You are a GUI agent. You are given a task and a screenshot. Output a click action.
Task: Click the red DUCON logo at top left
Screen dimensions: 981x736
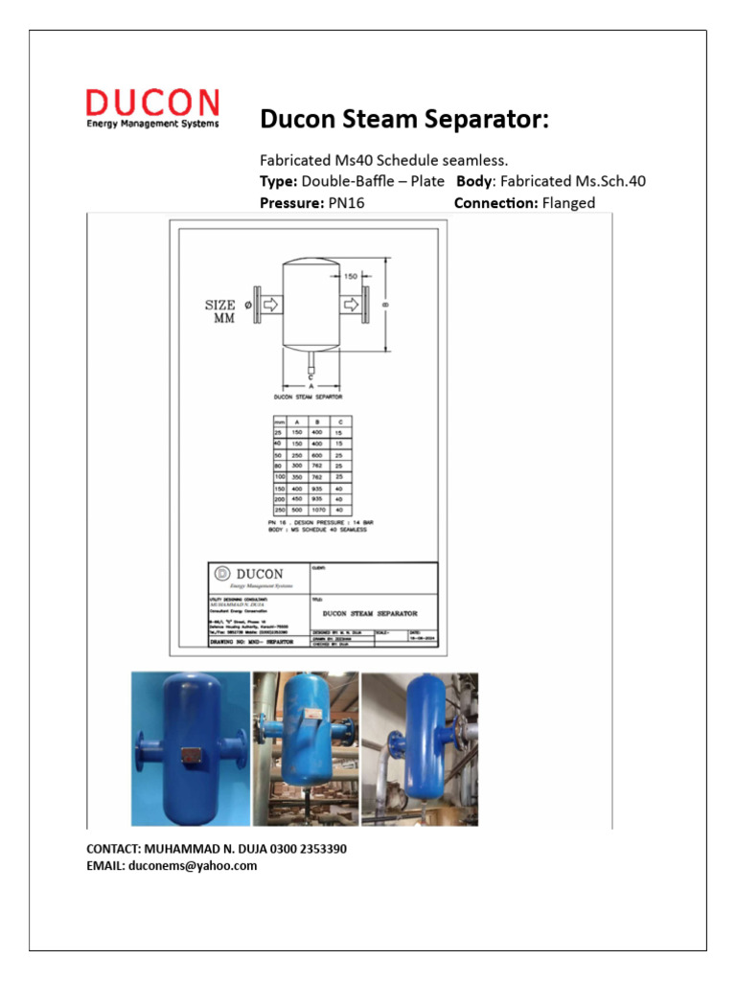point(152,103)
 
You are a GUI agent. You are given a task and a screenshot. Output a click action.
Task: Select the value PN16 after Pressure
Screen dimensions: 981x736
point(343,203)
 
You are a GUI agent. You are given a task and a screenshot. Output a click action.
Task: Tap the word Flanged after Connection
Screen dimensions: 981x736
point(568,203)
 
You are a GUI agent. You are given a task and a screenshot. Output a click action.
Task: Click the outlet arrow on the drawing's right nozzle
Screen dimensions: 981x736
point(352,306)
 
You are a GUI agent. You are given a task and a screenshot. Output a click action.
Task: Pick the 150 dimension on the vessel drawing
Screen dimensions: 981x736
point(351,276)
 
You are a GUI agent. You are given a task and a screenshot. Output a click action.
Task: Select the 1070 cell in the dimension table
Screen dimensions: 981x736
point(318,510)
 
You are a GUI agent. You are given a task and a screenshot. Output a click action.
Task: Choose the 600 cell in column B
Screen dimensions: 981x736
point(318,454)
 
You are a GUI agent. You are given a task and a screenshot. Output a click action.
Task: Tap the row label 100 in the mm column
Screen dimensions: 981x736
point(281,476)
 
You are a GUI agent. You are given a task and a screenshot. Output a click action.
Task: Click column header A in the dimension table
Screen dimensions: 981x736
point(298,422)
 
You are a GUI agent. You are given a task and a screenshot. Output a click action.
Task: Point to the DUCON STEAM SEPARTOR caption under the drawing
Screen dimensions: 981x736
point(309,396)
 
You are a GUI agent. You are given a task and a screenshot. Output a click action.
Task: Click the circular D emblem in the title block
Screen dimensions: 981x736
point(222,574)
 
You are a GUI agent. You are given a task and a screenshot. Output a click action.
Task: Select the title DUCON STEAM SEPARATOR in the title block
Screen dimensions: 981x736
point(370,612)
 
